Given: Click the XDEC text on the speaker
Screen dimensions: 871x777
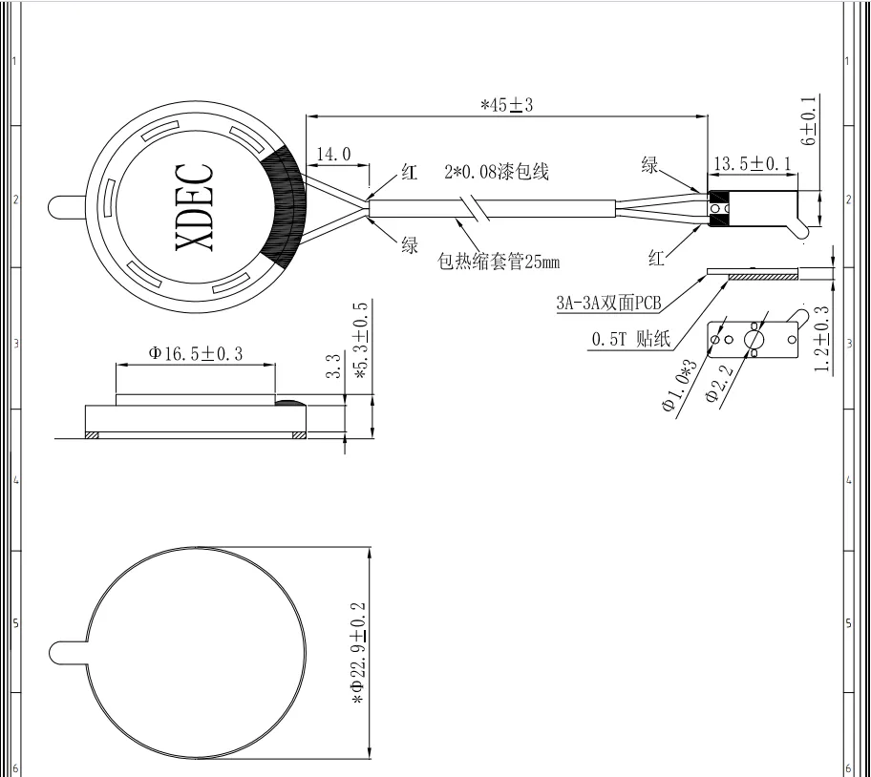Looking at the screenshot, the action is pyautogui.click(x=195, y=207).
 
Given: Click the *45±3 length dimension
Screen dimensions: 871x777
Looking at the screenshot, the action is pyautogui.click(x=506, y=104).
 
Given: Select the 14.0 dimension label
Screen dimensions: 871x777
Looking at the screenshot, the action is pyautogui.click(x=334, y=154).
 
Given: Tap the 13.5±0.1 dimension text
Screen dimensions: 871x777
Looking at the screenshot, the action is pyautogui.click(x=753, y=164).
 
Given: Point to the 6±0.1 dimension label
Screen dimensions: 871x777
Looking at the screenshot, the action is pyautogui.click(x=809, y=121).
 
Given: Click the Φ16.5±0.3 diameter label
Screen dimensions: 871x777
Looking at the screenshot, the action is pyautogui.click(x=196, y=353).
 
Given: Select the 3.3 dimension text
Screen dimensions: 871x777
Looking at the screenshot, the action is pyautogui.click(x=333, y=367).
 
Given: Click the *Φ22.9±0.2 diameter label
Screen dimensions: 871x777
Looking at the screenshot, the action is pyautogui.click(x=358, y=653).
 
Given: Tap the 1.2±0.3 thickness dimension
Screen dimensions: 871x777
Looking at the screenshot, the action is pyautogui.click(x=822, y=339).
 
